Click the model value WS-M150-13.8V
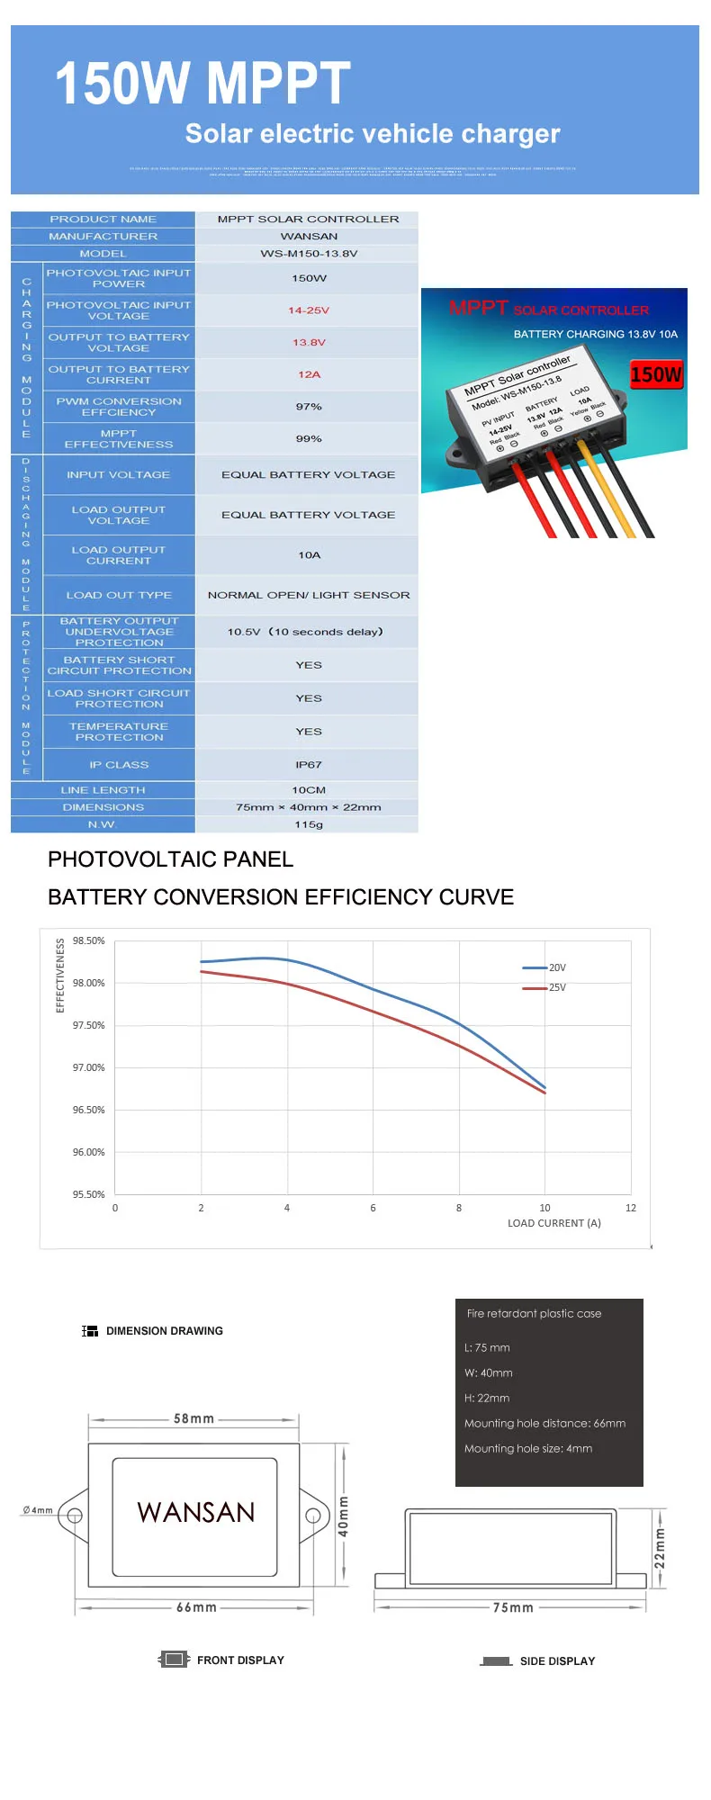pos(309,254)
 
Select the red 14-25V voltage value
pos(309,310)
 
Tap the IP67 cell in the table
pos(309,765)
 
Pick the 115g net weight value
pos(309,824)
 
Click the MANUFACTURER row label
pos(103,237)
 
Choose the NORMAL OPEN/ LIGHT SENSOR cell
pos(309,595)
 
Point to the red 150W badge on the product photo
pos(656,374)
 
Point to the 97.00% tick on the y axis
pos(89,1067)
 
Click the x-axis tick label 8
pos(459,1208)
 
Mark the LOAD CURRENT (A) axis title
pos(554,1223)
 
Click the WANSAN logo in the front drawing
pos(196,1512)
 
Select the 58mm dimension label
pos(194,1419)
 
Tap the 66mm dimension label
pos(196,1607)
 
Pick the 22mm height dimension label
pos(660,1549)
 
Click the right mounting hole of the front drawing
pos(312,1516)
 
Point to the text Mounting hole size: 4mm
pos(528,1448)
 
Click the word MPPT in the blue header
pos(280,84)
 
